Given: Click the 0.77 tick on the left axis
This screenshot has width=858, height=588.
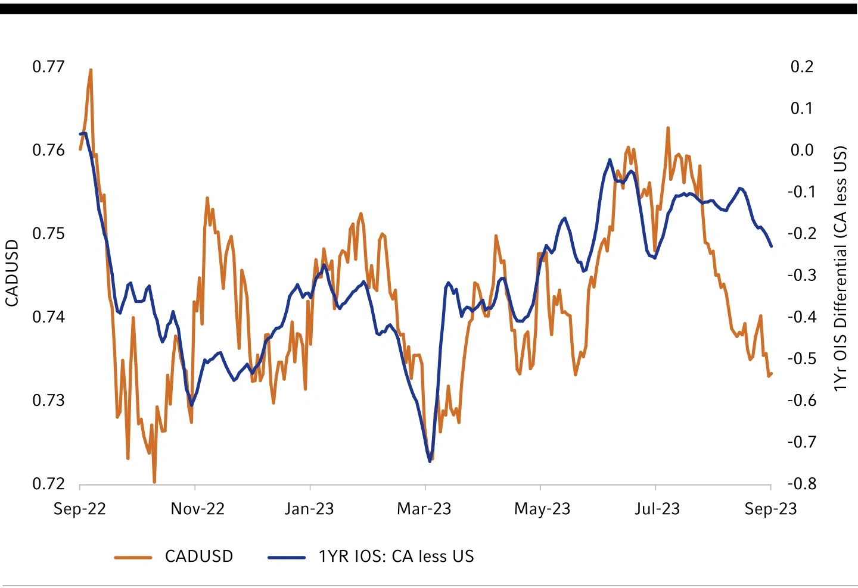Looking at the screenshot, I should pos(48,66).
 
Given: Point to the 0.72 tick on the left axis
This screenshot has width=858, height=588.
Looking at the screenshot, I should pos(48,483).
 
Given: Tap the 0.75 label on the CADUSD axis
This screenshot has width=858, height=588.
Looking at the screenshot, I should pos(48,233).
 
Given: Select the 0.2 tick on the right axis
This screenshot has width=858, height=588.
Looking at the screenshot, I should pos(801,66).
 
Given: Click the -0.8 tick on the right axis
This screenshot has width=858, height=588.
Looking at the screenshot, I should pos(801,483).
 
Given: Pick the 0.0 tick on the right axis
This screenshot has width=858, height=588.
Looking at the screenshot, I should pos(802,150).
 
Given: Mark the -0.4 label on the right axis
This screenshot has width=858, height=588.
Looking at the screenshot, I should pos(801,317).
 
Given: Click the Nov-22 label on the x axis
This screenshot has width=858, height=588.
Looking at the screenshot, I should pos(197,509).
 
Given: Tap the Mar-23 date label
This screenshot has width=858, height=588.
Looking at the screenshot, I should pos(424,509).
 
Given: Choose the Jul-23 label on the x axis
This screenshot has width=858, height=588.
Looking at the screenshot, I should pos(657,509).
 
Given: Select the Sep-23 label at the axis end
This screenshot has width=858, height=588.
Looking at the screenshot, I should pos(770,509).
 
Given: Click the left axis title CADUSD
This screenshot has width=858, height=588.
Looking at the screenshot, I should pos(12,274).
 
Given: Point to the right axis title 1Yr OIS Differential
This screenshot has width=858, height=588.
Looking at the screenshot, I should pos(840,268).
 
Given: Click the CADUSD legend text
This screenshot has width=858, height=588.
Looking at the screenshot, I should pos(199,556).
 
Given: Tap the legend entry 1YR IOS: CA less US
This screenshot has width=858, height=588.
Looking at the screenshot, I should pos(396,556).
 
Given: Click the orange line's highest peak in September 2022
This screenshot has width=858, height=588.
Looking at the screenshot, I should pos(91,70).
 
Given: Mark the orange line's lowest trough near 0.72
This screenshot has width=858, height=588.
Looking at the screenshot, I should pos(154,481).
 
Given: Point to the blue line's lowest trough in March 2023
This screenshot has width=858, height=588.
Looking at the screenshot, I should pos(430,461).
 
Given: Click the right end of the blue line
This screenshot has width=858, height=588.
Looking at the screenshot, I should pos(772,246).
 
